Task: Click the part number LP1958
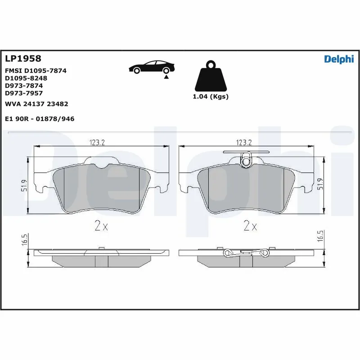pyautogui.click(x=23, y=58)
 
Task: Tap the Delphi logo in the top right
pyautogui.click(x=339, y=59)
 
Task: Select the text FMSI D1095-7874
pyautogui.click(x=36, y=71)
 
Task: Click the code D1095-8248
pyautogui.click(x=26, y=78)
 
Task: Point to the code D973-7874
pyautogui.click(x=24, y=85)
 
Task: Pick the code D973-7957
pyautogui.click(x=24, y=93)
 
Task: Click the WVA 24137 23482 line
pyautogui.click(x=36, y=104)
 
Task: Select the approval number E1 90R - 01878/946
pyautogui.click(x=39, y=119)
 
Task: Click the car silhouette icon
pyautogui.click(x=152, y=67)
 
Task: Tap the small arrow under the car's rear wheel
pyautogui.click(x=166, y=77)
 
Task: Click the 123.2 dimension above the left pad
pyautogui.click(x=96, y=142)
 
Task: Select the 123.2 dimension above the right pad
pyautogui.click(x=243, y=142)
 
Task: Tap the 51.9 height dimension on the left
pyautogui.click(x=24, y=186)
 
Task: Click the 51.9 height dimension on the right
pyautogui.click(x=320, y=184)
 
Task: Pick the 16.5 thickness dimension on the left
pyautogui.click(x=24, y=239)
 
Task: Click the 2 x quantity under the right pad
pyautogui.click(x=250, y=226)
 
